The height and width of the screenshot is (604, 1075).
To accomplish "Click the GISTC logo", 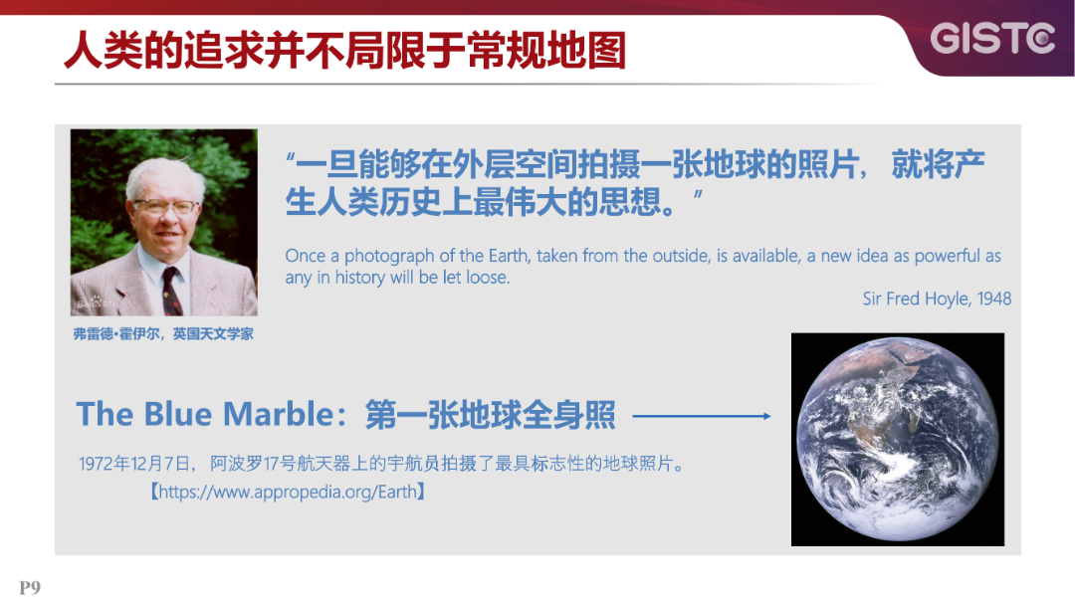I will point(992,39).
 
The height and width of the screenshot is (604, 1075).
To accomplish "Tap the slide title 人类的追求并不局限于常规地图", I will point(344,50).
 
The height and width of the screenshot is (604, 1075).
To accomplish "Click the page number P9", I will point(30,587).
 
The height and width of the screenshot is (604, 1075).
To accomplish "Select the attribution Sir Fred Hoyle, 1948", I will point(936,299).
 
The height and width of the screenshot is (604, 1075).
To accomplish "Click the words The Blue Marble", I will point(203,414).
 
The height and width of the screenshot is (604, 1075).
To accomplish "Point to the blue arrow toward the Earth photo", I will point(701,416).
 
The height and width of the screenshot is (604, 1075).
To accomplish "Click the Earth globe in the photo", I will point(897,440).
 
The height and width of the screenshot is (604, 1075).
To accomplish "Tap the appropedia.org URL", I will point(288,492).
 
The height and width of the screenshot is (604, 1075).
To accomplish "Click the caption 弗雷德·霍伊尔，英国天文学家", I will point(163,334).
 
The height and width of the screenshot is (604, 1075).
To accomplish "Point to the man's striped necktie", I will point(172,290).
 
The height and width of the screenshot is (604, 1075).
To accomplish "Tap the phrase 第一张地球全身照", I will point(490,414).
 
